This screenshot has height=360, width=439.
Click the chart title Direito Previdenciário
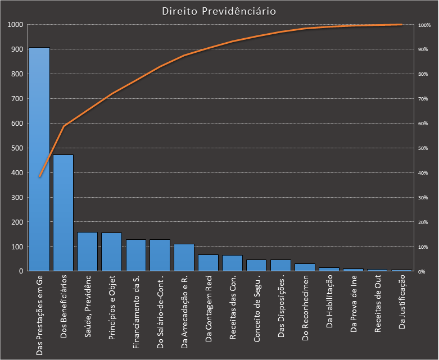point(219,11)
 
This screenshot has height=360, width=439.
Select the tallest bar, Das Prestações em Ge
point(39,160)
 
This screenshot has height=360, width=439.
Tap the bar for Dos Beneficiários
point(64,213)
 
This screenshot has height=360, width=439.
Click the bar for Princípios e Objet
point(111,252)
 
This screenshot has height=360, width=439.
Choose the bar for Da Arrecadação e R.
point(184,258)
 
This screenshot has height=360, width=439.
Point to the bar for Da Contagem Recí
point(208,263)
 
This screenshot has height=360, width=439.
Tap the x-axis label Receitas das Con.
point(232,308)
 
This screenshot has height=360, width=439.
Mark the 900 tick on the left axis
point(15,49)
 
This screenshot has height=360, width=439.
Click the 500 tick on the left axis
point(15,148)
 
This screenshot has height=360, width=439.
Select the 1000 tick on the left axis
point(13,25)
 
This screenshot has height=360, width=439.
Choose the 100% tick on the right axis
point(424,25)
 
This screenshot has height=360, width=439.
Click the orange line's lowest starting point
point(39,177)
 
